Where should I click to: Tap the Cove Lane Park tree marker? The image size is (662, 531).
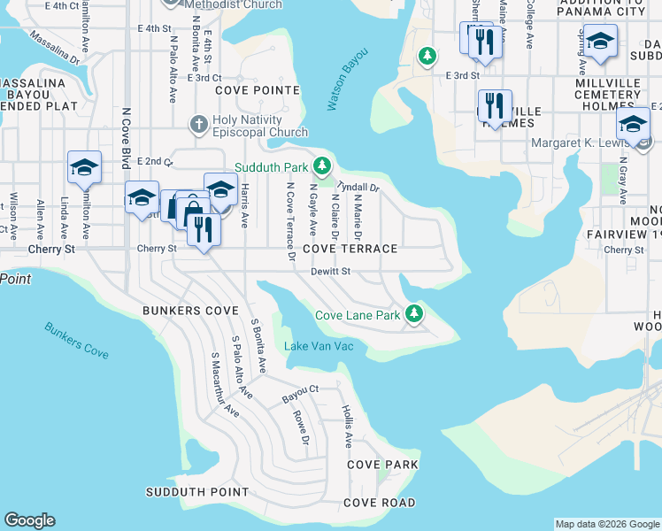pos(412,314)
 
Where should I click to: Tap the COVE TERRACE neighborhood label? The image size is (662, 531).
pos(350,250)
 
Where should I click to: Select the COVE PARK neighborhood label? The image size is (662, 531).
pos(381,465)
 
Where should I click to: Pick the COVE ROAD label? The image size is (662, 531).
pos(379,503)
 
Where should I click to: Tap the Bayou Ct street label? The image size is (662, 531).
pos(300,390)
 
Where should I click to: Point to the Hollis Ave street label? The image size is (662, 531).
pos(348,426)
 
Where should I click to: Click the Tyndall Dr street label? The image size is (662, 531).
pos(358,188)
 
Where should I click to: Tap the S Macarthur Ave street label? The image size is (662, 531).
pos(225,385)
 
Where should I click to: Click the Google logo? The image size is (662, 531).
pos(29,520)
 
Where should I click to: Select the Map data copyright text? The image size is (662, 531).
pos(607,524)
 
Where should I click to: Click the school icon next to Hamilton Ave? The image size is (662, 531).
pos(85,167)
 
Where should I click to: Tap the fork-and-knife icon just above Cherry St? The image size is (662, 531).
pos(204,229)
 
